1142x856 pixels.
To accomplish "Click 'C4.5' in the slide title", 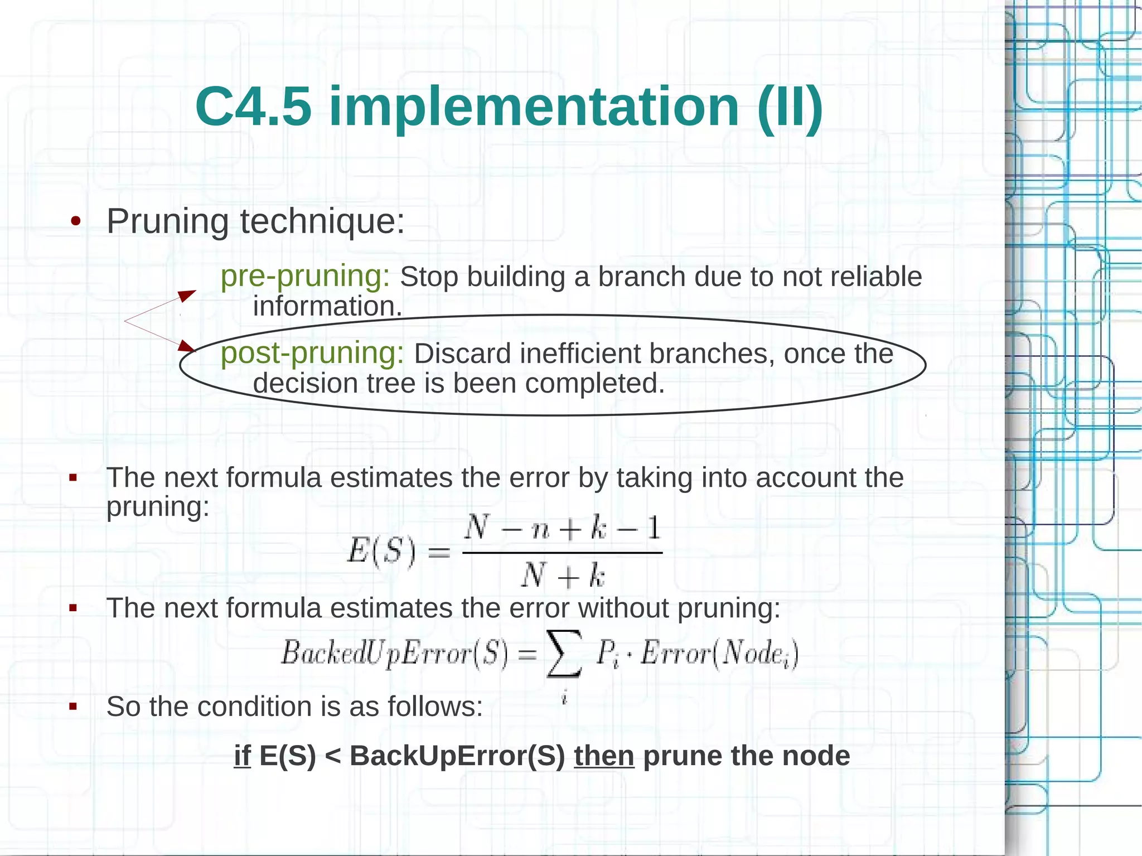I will tap(253, 107).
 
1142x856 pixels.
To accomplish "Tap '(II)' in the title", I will tap(790, 107).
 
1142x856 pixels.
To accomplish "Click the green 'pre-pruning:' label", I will tap(305, 276).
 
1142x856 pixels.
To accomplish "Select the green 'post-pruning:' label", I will tap(312, 354).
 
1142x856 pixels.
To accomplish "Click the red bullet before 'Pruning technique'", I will tap(76, 222).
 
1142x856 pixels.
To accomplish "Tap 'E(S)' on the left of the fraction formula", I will tap(381, 552).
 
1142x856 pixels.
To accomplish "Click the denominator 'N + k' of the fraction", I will tap(563, 575).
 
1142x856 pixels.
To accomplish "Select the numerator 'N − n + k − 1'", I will tap(563, 528).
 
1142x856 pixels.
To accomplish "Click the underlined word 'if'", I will tap(242, 756).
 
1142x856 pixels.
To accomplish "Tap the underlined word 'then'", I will tap(604, 756).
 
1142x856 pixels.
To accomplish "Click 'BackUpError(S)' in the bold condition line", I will tap(457, 756).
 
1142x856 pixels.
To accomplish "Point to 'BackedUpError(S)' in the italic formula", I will tap(394, 653).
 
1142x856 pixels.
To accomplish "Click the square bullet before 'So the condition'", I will tap(73, 707).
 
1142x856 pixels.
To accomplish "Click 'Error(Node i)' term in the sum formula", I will tap(719, 654).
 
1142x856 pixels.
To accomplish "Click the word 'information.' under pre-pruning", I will tap(327, 307).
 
